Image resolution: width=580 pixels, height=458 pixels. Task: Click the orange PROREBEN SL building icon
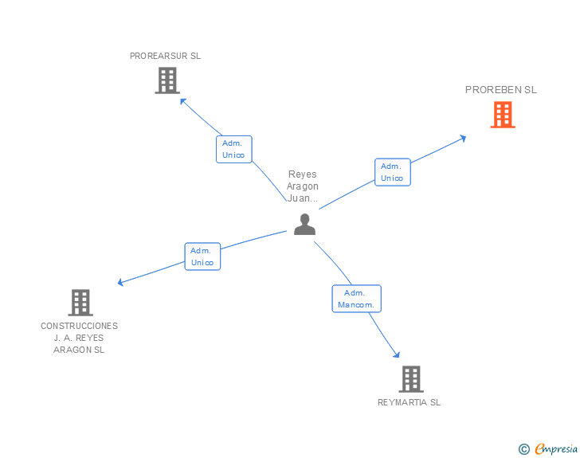[502, 115]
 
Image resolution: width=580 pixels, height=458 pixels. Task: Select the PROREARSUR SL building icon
[167, 80]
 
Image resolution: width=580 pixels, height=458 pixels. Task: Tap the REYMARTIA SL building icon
[410, 379]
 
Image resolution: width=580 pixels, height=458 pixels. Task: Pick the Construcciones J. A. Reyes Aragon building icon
[80, 303]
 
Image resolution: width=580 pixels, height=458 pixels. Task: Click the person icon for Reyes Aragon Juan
[304, 225]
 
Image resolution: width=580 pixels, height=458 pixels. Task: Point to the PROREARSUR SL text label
[166, 57]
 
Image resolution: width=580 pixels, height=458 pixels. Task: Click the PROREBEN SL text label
[501, 90]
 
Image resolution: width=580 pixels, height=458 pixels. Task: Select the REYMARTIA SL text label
[409, 402]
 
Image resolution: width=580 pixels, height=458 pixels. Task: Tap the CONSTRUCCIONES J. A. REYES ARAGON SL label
[80, 338]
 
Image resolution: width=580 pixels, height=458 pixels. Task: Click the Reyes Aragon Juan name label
[303, 186]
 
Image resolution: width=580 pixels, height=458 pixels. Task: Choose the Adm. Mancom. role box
[357, 299]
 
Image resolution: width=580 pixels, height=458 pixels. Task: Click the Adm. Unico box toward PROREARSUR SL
[233, 149]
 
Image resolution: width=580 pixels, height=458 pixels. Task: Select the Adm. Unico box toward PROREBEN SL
[392, 172]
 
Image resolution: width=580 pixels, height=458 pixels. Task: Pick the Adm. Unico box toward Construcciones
[202, 256]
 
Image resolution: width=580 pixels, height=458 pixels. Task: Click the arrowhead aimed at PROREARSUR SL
[183, 101]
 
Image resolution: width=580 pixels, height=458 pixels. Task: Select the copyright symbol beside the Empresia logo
[524, 449]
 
